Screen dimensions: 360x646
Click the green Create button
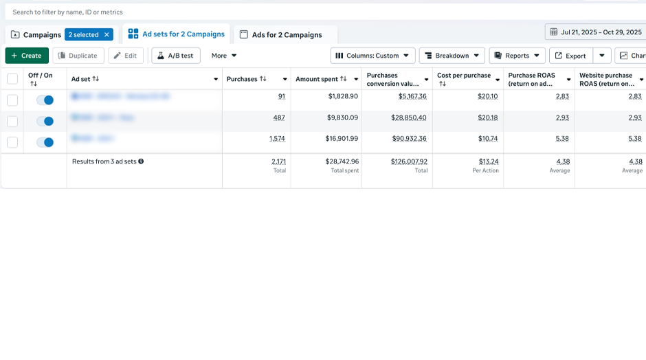[x=27, y=56]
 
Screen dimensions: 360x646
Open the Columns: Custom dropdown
[x=372, y=56]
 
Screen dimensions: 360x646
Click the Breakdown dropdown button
[x=452, y=56]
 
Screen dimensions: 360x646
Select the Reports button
[x=517, y=56]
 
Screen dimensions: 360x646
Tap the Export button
[x=570, y=56]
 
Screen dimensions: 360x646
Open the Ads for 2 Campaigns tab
[x=286, y=34]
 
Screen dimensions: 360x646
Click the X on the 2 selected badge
[x=107, y=34]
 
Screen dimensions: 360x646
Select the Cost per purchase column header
[x=464, y=79]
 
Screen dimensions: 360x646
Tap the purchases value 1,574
[x=277, y=139]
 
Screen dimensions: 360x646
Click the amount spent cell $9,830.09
[x=343, y=117]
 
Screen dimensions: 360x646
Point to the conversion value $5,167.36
[x=412, y=97]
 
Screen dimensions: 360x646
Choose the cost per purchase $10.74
[x=487, y=139]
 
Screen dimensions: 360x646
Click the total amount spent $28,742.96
[x=342, y=161]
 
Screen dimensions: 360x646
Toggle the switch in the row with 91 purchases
[x=45, y=100]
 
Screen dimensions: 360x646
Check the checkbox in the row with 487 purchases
[x=12, y=122]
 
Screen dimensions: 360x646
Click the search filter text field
[x=275, y=12]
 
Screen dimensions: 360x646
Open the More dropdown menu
[x=224, y=56]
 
